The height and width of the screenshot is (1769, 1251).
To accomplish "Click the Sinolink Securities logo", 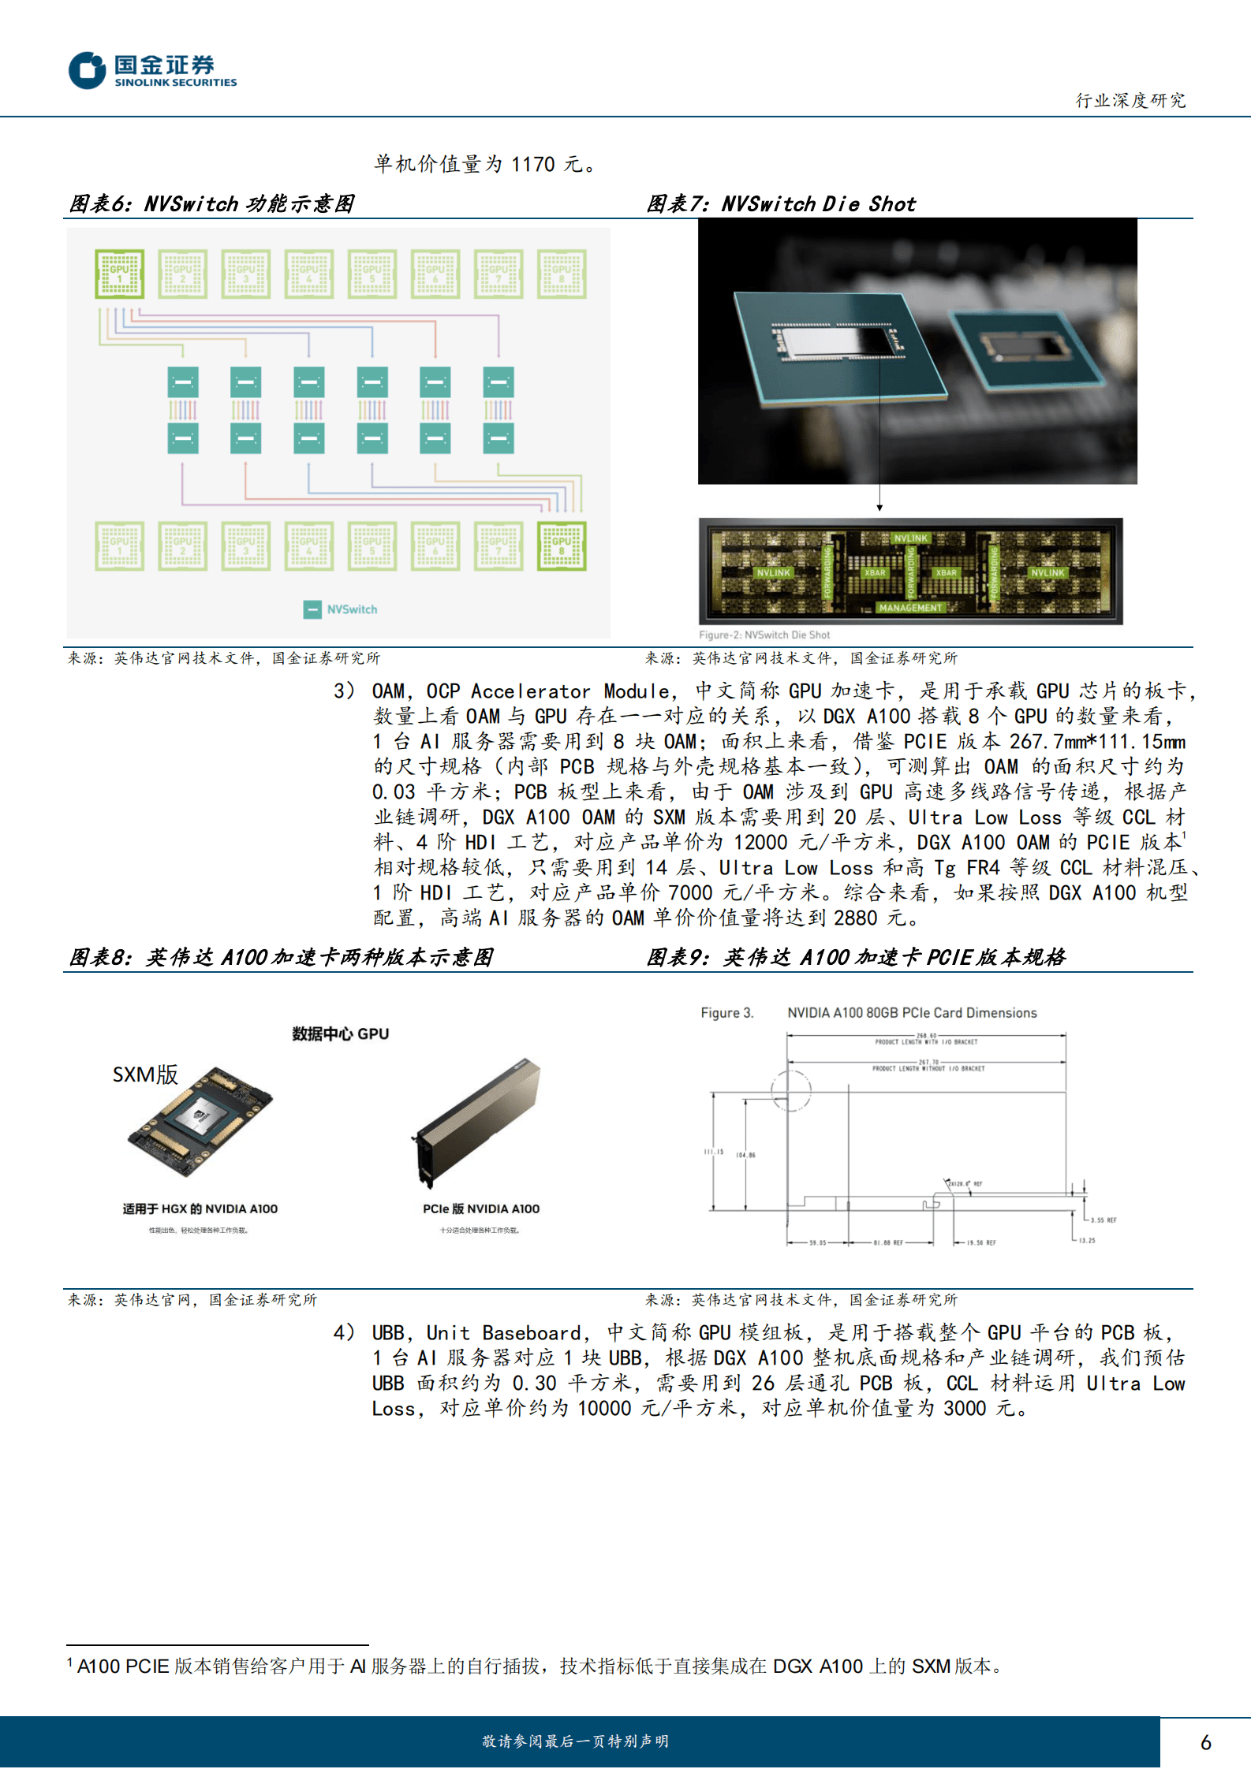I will pyautogui.click(x=152, y=70).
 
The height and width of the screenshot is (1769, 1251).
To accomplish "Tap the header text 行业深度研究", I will pyautogui.click(x=1130, y=100).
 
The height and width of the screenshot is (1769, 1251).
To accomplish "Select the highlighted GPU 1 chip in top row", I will pyautogui.click(x=119, y=274).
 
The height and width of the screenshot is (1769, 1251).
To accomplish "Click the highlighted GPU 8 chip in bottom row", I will pyautogui.click(x=562, y=546).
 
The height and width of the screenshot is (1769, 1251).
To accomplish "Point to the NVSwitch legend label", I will pyautogui.click(x=352, y=609).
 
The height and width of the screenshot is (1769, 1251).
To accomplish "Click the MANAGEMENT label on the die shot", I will pyautogui.click(x=910, y=608).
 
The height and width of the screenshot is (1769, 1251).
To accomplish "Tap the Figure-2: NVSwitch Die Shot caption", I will pyautogui.click(x=764, y=635).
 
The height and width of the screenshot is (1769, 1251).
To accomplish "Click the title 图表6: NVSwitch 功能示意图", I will pyautogui.click(x=211, y=204).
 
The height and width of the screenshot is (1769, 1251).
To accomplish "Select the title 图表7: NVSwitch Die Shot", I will pyautogui.click(x=781, y=204).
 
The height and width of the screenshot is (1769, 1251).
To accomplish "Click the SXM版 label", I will pyautogui.click(x=145, y=1074).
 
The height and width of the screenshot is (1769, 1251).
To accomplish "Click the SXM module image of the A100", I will pyautogui.click(x=200, y=1121).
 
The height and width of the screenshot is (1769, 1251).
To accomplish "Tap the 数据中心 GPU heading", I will pyautogui.click(x=340, y=1033).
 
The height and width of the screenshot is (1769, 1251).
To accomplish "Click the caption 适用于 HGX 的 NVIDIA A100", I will pyautogui.click(x=200, y=1209).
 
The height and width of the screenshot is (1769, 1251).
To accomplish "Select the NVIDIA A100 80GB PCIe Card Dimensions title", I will pyautogui.click(x=911, y=1013).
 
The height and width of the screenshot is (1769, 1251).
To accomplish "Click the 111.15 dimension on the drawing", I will pyautogui.click(x=713, y=1152).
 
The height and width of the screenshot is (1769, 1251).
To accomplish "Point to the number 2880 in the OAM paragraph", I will pyautogui.click(x=855, y=918).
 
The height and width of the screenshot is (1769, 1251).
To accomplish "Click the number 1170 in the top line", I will pyautogui.click(x=532, y=164).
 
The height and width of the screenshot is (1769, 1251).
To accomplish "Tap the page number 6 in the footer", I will pyautogui.click(x=1205, y=1742).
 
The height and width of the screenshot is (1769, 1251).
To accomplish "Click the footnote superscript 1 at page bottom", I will pyautogui.click(x=70, y=1662).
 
